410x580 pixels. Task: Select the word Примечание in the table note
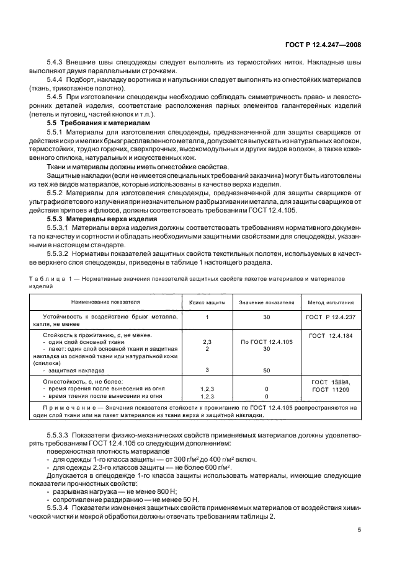coord(67,407)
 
